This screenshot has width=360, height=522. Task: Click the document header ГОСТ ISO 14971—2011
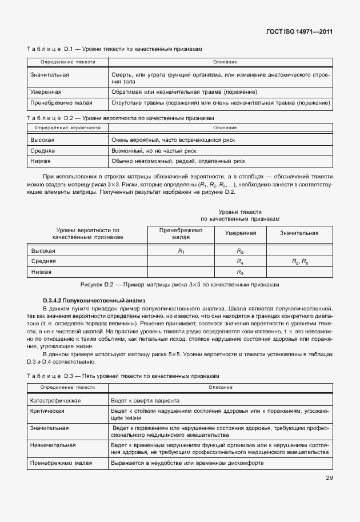coord(300,33)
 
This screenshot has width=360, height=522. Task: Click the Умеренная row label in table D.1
coord(46,91)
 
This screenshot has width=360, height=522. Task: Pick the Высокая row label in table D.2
coord(43,140)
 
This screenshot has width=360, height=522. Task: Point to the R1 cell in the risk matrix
coord(181,251)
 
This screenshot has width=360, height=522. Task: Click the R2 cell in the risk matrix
coord(240,251)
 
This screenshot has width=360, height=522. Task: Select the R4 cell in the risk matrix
coord(240,261)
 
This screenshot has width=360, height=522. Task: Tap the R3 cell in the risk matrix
coord(240,272)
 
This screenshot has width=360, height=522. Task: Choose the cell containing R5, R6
coord(299,261)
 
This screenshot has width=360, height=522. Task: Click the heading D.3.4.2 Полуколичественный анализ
coord(95,300)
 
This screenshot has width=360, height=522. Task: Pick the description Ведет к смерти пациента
coord(146,401)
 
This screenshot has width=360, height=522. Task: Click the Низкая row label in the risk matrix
coord(42,272)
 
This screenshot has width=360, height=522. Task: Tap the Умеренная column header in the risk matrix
coord(240,233)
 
